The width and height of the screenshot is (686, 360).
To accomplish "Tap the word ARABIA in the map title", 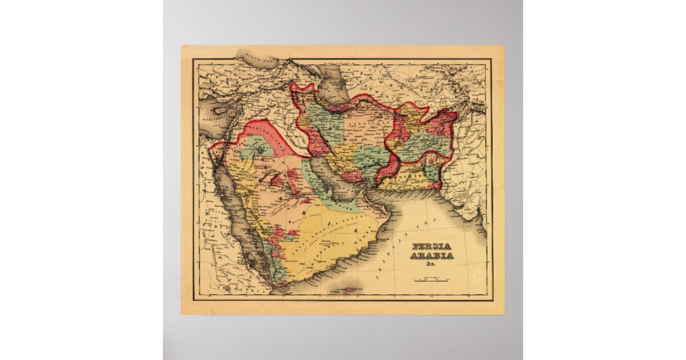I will pos(433,255).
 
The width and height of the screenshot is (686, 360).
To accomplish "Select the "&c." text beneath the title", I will pos(432,264).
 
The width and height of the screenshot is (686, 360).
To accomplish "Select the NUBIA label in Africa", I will pos(214,240).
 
